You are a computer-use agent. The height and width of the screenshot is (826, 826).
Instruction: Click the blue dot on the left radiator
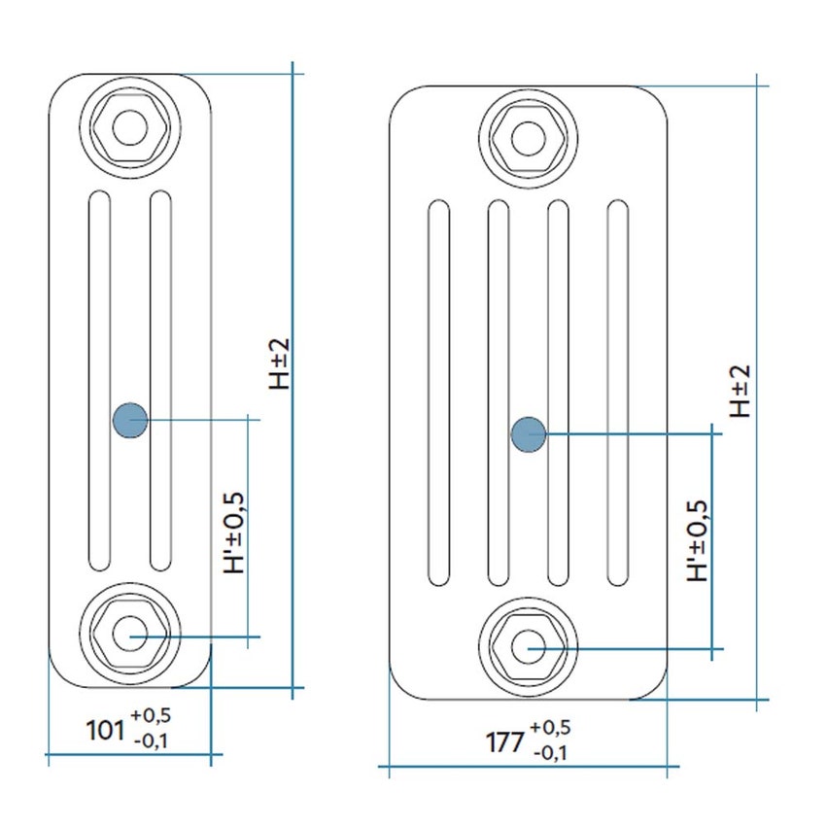click(x=129, y=420)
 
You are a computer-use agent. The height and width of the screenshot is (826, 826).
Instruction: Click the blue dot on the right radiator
click(x=529, y=433)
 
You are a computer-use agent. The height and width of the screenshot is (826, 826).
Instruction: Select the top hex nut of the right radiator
click(x=530, y=137)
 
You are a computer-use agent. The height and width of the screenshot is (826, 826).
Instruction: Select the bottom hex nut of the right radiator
click(x=530, y=645)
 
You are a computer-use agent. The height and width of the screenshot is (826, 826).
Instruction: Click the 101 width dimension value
click(x=106, y=728)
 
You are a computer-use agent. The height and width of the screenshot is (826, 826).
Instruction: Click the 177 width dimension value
click(x=504, y=741)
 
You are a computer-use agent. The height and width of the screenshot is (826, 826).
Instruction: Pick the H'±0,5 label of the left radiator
click(x=234, y=531)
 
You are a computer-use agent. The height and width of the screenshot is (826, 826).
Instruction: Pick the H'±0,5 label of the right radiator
click(x=697, y=541)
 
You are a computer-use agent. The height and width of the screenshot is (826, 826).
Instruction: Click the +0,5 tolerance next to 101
click(x=151, y=715)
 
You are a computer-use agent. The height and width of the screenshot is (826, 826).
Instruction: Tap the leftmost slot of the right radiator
click(x=439, y=393)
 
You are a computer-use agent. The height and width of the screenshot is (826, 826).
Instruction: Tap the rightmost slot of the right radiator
click(x=617, y=393)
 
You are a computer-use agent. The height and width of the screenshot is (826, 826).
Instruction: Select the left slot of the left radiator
click(x=99, y=380)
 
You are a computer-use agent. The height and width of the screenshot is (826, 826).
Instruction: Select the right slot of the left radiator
click(x=159, y=380)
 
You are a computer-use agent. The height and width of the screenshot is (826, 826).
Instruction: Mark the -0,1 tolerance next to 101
click(x=151, y=740)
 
